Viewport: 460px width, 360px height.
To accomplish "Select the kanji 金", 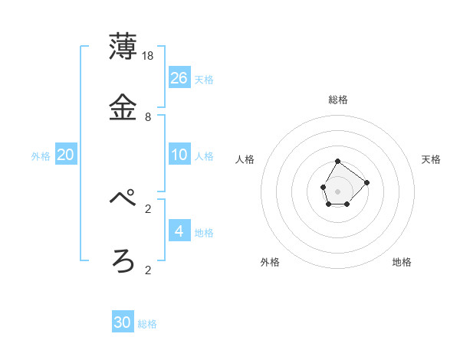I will (x=123, y=106).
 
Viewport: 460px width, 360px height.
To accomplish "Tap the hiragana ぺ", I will (x=123, y=199).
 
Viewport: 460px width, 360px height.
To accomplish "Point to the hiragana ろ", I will (x=123, y=260).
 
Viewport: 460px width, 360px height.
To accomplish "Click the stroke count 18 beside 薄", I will (x=149, y=56).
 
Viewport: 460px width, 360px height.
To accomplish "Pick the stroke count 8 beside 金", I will (x=148, y=117).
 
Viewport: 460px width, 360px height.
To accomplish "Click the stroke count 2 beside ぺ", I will (x=148, y=208).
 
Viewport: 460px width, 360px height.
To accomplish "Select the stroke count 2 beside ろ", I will (x=148, y=270).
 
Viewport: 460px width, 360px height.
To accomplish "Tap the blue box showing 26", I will (x=179, y=77).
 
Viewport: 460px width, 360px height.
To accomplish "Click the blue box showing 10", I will (x=179, y=155).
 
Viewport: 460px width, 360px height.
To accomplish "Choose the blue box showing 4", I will (x=179, y=231).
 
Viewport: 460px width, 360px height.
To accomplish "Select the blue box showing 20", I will (x=66, y=155).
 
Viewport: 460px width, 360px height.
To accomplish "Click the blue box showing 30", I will (x=123, y=322).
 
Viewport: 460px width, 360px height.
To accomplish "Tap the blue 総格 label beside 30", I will (x=147, y=324).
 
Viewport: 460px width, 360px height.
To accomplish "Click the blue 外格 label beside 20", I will (x=41, y=156).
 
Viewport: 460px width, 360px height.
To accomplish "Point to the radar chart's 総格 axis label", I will (x=338, y=100).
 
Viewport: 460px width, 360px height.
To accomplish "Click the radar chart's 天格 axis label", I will (x=432, y=159).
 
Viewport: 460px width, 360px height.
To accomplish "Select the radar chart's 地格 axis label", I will (x=402, y=262).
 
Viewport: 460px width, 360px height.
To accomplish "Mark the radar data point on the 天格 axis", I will (x=367, y=182).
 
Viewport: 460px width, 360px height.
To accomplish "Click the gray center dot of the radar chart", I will (x=338, y=191).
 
